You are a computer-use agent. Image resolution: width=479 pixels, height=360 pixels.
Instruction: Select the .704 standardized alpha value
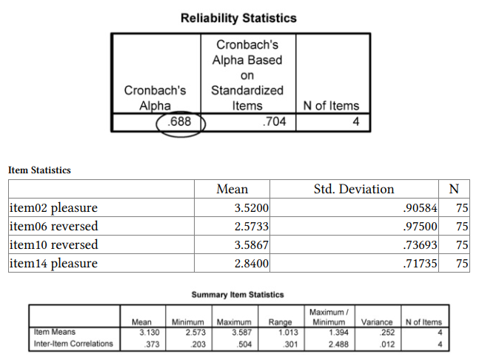[x=274, y=121]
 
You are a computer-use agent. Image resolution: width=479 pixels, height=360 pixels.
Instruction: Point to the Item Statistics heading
[x=40, y=170]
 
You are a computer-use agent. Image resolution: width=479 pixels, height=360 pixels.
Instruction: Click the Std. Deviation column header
[x=354, y=190]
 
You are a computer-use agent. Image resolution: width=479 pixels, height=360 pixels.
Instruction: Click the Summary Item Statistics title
[x=238, y=295]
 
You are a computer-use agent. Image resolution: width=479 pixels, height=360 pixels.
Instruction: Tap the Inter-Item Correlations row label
[x=74, y=343]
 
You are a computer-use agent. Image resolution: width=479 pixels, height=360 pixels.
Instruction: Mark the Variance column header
[x=377, y=322]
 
